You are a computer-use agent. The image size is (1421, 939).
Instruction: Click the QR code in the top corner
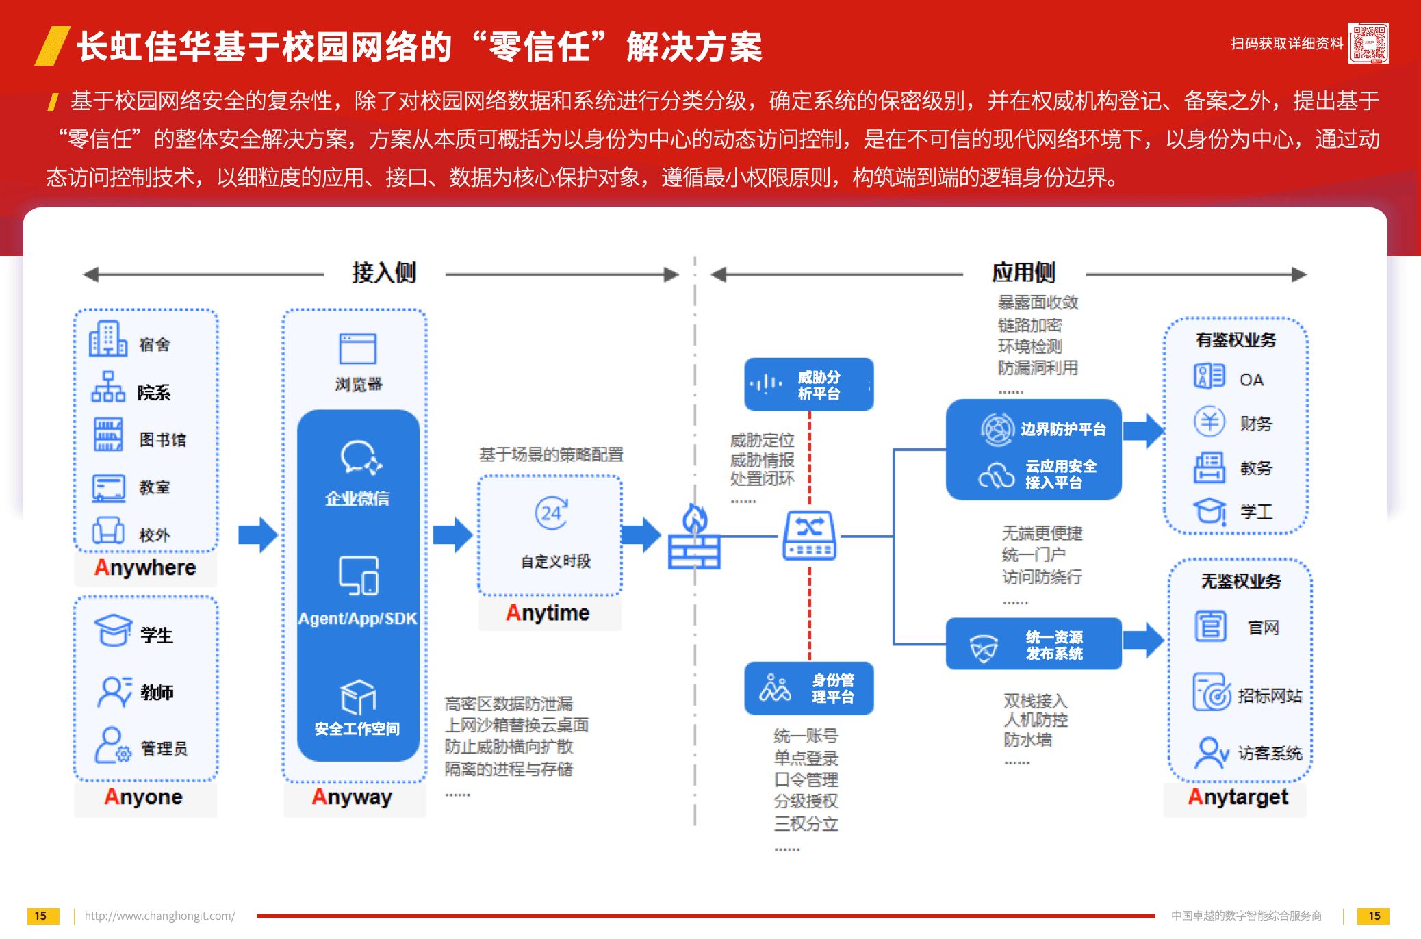coord(1368,43)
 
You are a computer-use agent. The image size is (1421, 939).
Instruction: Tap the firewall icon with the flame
coord(694,537)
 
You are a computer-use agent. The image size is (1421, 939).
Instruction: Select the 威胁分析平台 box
coord(808,385)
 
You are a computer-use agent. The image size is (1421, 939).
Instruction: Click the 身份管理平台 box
coord(808,688)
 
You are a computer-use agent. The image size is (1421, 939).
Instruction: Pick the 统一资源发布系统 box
coord(1033,644)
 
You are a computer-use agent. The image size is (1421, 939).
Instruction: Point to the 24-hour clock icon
coord(551,513)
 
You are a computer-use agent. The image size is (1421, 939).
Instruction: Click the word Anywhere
coord(145,567)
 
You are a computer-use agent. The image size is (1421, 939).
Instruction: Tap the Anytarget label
coord(1238,797)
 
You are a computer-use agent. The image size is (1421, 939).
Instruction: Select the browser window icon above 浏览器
coord(357,349)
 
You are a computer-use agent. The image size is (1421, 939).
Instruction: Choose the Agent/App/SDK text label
coord(357,619)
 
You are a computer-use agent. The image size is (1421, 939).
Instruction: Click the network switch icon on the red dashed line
coord(809,535)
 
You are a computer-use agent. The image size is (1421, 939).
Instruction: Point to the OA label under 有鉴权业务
coord(1251,380)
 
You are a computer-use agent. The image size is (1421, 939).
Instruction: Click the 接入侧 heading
coord(384,272)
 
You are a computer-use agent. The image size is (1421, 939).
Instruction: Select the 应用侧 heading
coord(1023,272)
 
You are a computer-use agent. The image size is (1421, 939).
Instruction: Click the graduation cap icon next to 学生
coord(113,630)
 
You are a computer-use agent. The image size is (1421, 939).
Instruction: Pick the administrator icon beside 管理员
coord(112,745)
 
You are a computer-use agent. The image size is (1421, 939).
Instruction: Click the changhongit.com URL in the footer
coord(159,916)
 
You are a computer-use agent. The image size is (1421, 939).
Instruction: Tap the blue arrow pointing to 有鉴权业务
coord(1143,430)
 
